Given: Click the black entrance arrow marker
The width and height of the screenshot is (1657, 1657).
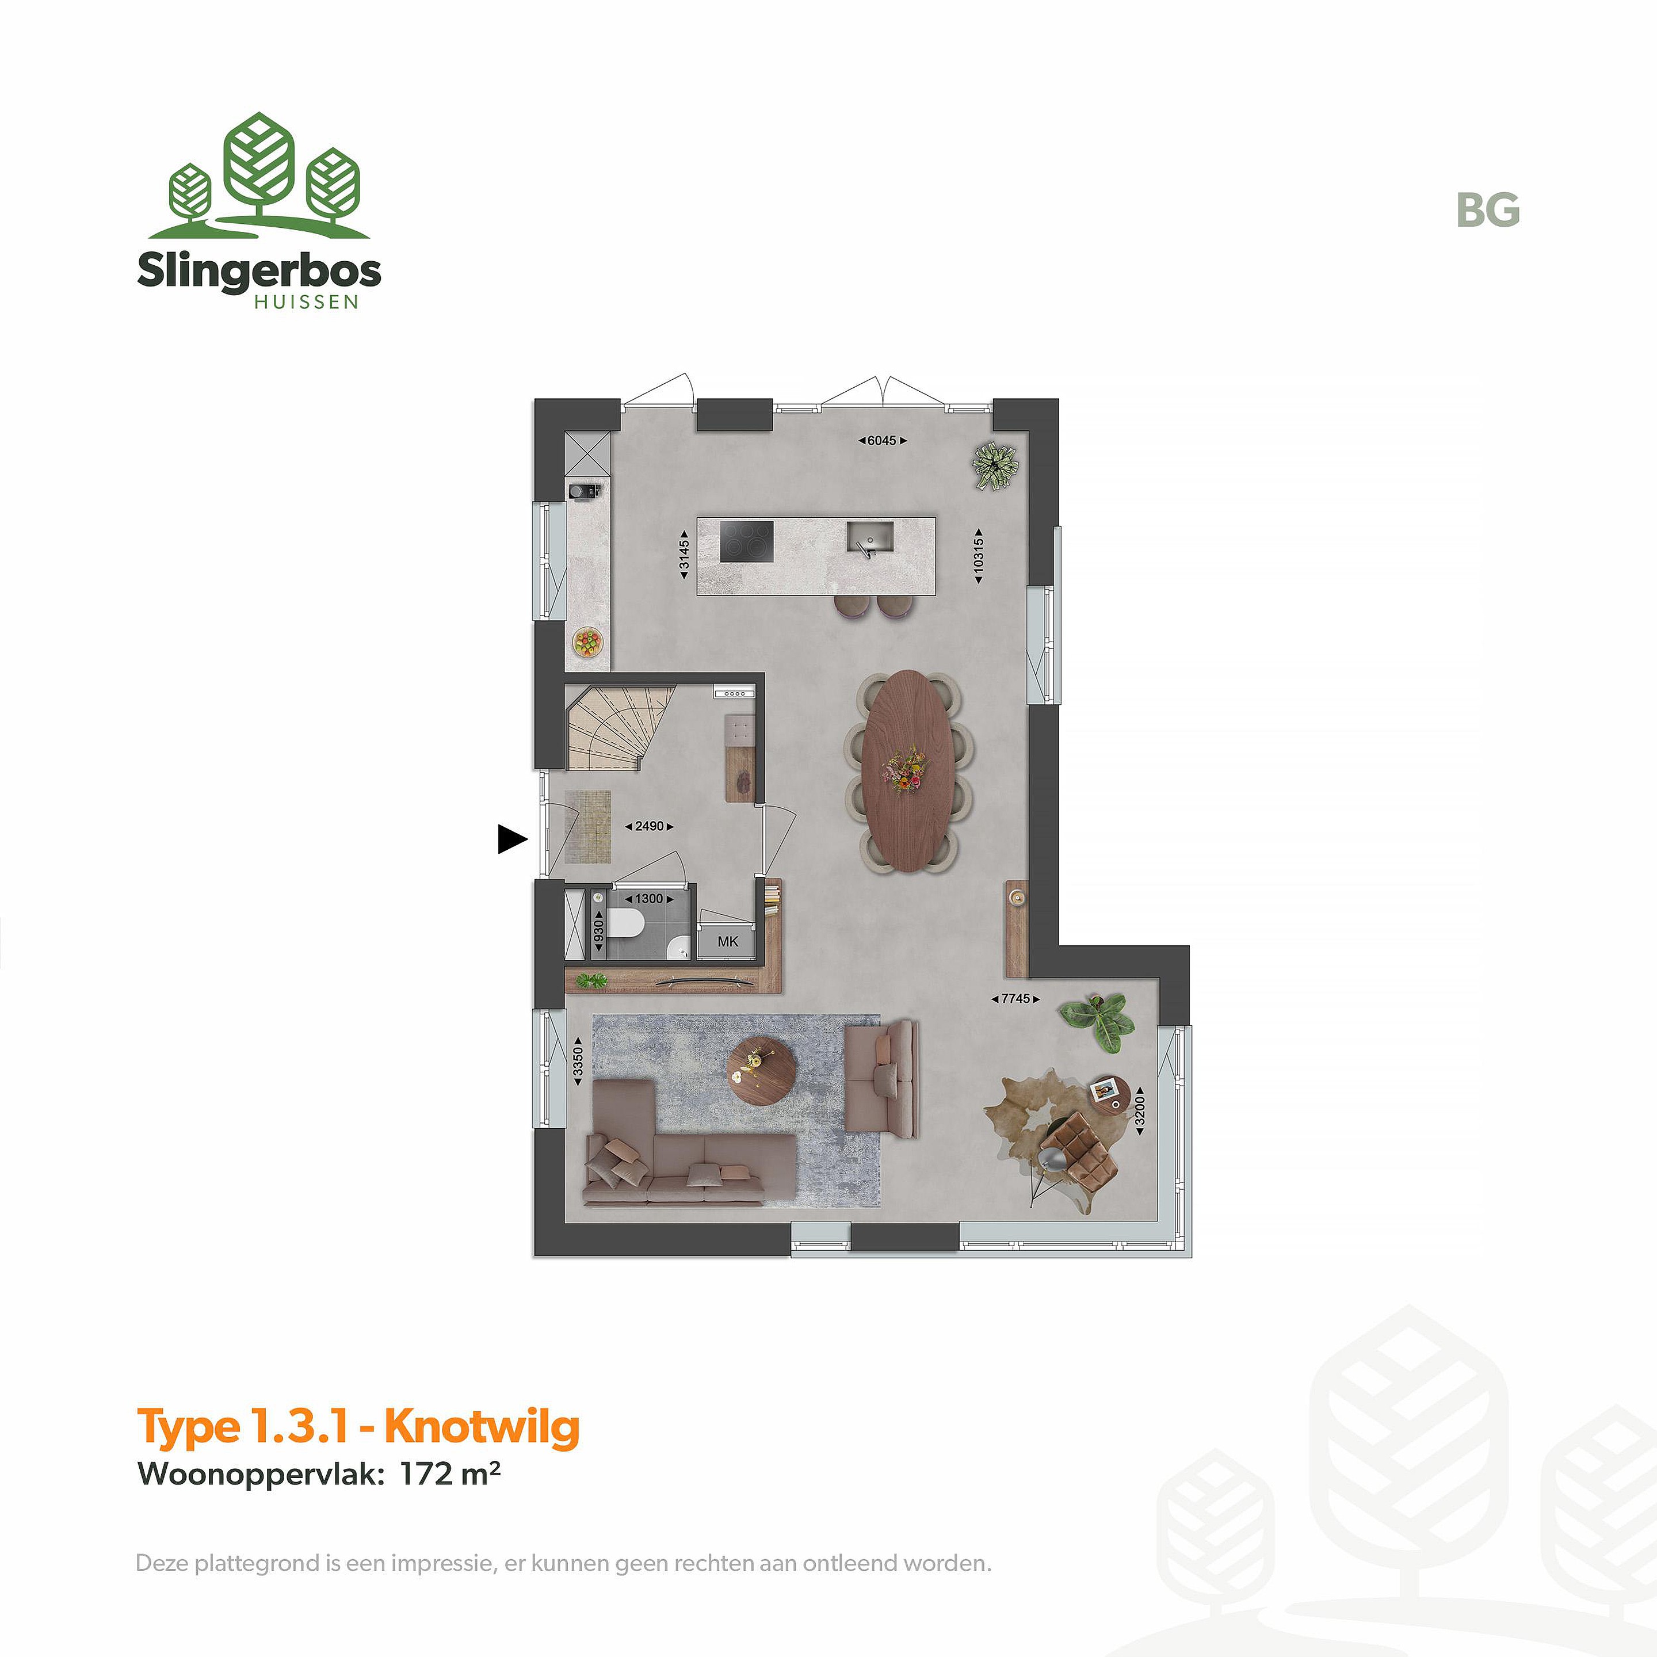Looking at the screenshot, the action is coord(512,839).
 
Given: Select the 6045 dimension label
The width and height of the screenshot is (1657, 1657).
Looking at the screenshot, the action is coord(881,441).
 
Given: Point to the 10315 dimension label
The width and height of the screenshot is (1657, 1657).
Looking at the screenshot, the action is coord(979,556).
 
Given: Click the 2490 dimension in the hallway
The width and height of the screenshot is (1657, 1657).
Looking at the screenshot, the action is coord(649,826).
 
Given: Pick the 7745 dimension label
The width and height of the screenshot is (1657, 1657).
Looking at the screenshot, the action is coord(1015,998).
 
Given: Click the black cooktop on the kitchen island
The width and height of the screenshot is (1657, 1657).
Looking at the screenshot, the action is coord(746,541).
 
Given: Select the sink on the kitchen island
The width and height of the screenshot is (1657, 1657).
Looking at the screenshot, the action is coord(871,538).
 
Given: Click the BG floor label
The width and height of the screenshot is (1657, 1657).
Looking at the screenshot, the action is coord(1488,210).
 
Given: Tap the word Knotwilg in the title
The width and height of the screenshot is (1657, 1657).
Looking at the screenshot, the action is coord(482,1427).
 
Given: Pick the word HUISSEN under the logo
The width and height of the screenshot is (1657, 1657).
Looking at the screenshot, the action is coord(306,302).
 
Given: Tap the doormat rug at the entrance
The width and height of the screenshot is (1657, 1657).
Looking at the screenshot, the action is coord(587,827).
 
